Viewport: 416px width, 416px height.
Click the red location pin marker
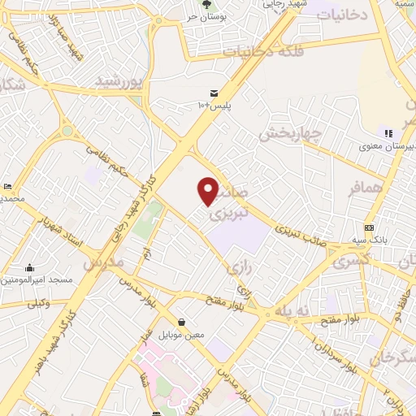209,191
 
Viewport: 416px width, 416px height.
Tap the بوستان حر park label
203,16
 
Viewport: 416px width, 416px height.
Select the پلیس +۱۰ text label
214,106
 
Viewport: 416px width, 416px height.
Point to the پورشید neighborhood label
119,80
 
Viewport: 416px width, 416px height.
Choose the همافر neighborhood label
364,188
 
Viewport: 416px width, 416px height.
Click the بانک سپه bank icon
370,227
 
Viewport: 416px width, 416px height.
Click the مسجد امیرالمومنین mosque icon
30,267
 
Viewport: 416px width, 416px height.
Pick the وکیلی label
39,304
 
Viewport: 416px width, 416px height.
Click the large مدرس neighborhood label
102,263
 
